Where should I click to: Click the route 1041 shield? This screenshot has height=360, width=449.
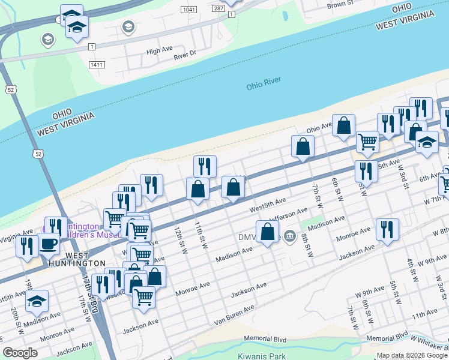click(188, 10)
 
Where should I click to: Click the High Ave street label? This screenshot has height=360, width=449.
click(160, 51)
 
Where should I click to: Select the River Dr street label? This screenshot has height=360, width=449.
click(185, 56)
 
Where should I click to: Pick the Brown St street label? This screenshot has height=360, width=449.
click(340, 5)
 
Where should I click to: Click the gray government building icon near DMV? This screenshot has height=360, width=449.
click(290, 236)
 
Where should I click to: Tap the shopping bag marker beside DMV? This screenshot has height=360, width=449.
click(267, 231)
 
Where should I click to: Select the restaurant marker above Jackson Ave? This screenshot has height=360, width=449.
click(387, 229)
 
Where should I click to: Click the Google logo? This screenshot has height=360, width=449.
click(20, 353)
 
